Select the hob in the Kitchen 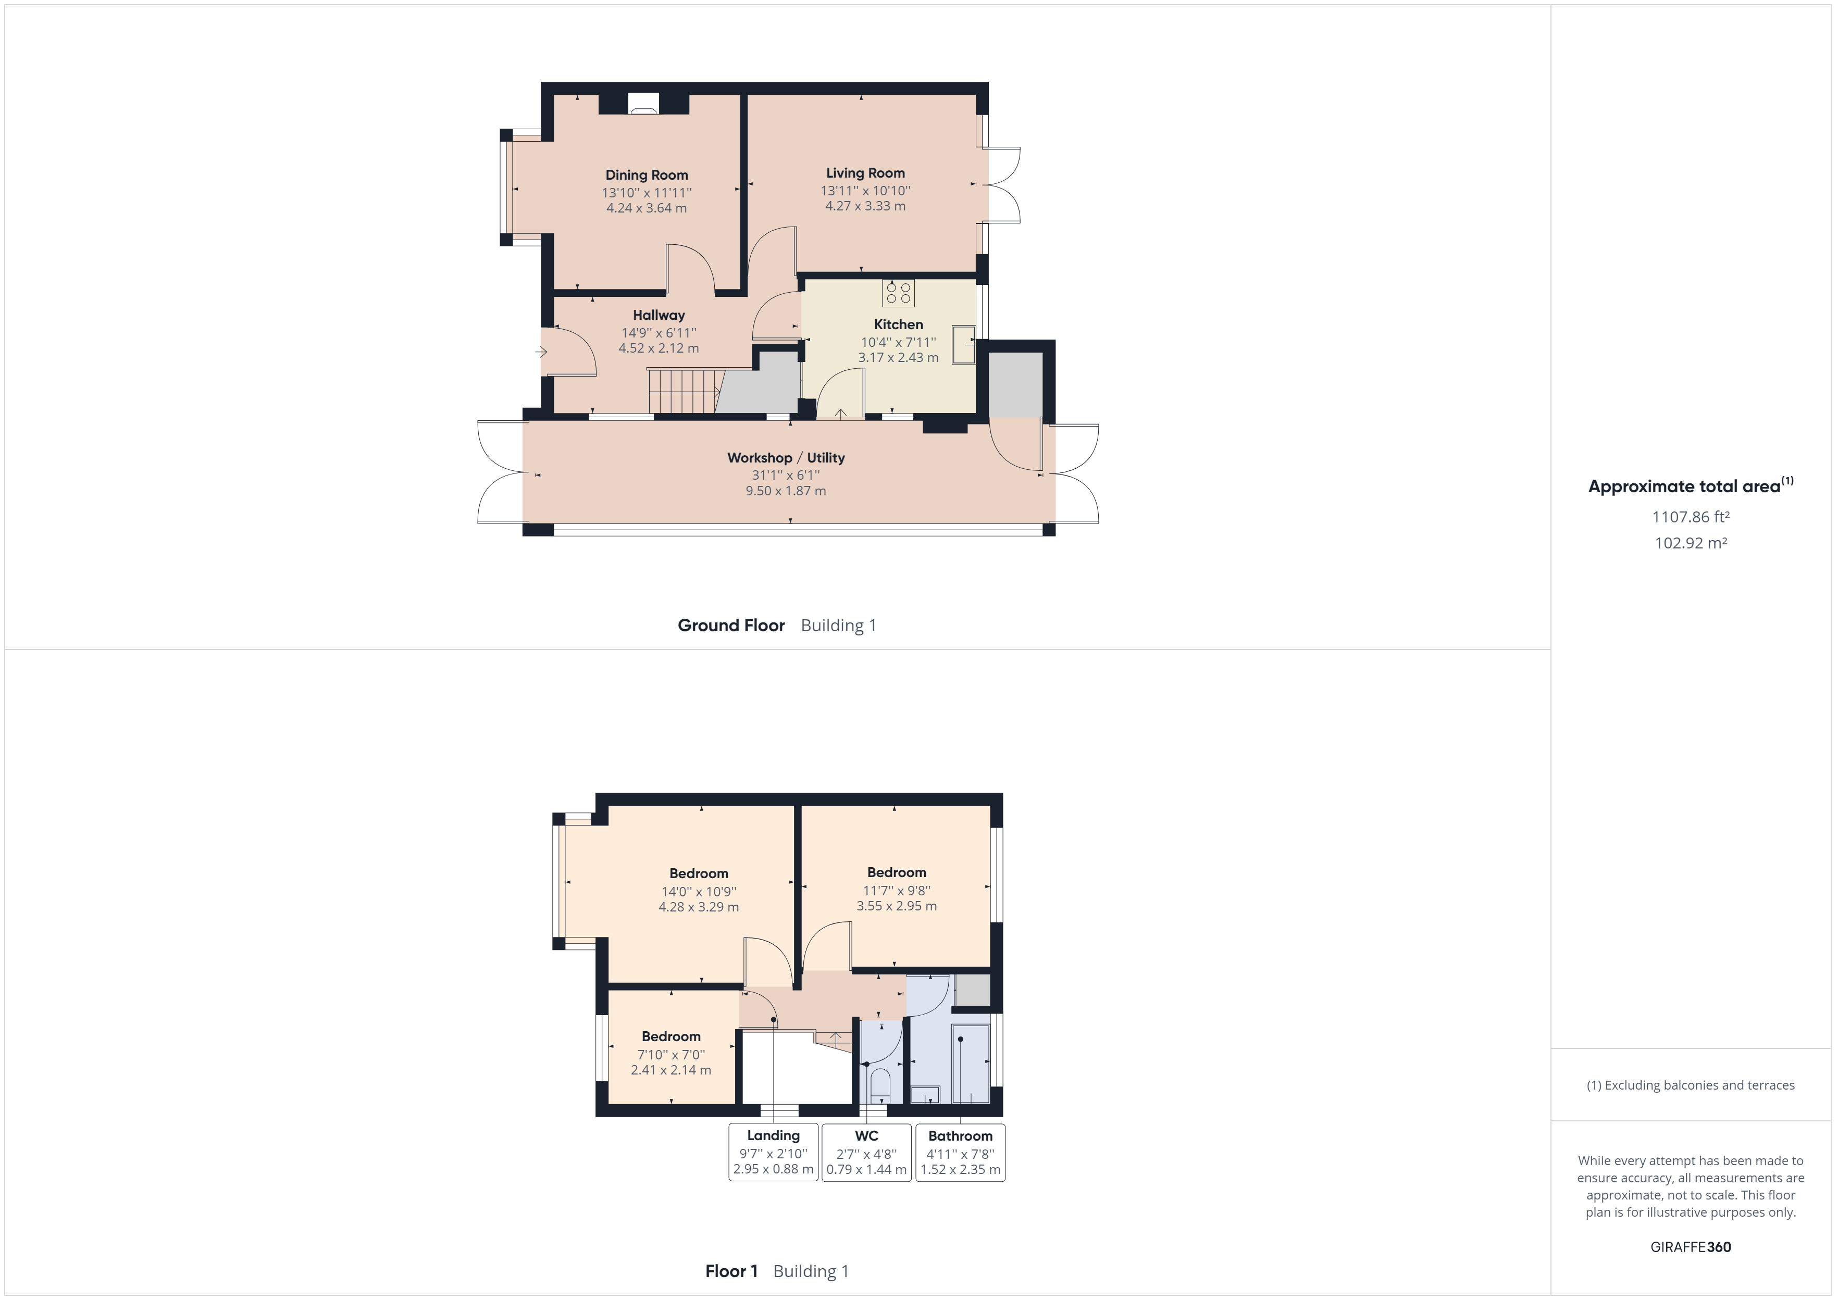(x=898, y=293)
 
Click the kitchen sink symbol (x=963, y=345)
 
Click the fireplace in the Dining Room (x=643, y=104)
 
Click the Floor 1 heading (x=731, y=1271)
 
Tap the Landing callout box (x=773, y=1152)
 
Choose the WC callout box (x=866, y=1152)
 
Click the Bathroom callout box (x=960, y=1152)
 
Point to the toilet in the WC (x=880, y=1085)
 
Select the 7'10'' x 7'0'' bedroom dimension (x=671, y=1054)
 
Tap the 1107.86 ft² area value (x=1690, y=517)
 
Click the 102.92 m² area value (x=1690, y=543)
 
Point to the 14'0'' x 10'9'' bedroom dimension (x=698, y=892)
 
